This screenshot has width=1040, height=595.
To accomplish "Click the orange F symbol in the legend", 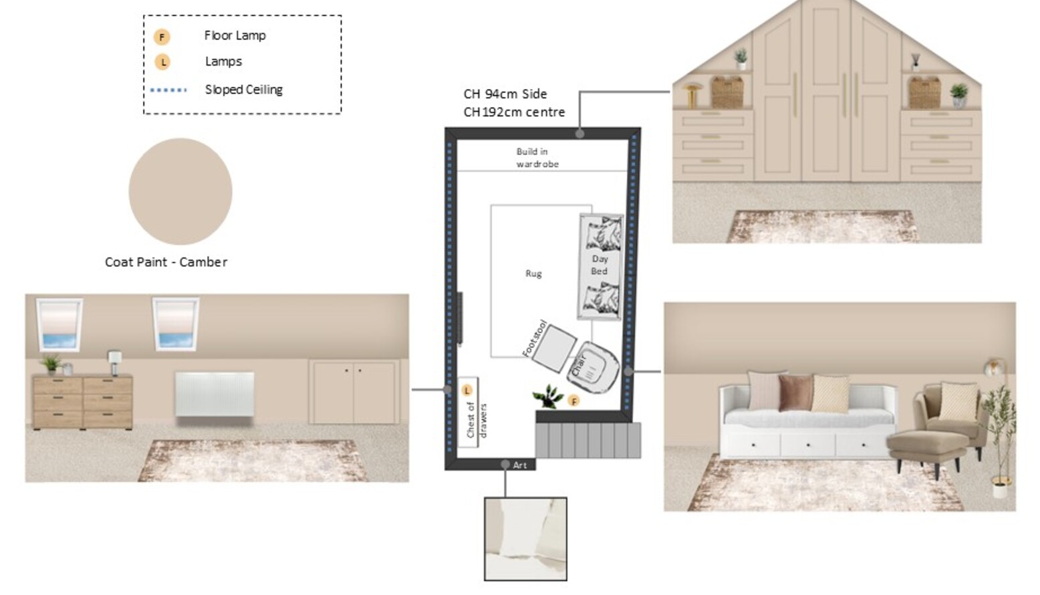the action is pos(162,37).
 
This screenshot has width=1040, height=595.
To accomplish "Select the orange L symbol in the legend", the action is pos(162,62).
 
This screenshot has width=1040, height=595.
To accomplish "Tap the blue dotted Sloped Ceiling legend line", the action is pos(168,90).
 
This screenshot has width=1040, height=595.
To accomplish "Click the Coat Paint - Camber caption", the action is pos(166,262).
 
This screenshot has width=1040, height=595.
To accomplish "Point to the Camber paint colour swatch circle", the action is pos(180,191).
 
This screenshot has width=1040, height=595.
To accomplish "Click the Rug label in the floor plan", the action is pos(533,273).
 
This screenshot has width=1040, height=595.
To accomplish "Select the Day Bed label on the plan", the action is pos(600,265).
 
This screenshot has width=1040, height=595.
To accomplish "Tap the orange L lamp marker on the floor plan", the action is pos(467,390).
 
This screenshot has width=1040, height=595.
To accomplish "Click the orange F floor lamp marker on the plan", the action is pos(574,401).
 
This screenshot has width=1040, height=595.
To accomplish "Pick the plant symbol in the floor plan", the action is pos(548,396).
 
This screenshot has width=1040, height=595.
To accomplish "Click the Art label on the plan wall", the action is pos(520,465).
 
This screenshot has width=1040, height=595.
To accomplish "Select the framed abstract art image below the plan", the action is pos(525,539).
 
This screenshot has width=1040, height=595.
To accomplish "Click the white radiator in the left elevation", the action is pos(215,394).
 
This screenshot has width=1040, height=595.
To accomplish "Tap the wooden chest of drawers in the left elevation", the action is pos(83,402).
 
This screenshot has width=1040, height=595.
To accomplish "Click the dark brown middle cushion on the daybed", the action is pos(796,393).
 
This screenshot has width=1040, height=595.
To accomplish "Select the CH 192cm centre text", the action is pos(514,112).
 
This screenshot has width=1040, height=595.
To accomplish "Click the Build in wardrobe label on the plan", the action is pos(537,158).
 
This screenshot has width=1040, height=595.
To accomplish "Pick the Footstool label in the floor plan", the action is pos(535,338).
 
